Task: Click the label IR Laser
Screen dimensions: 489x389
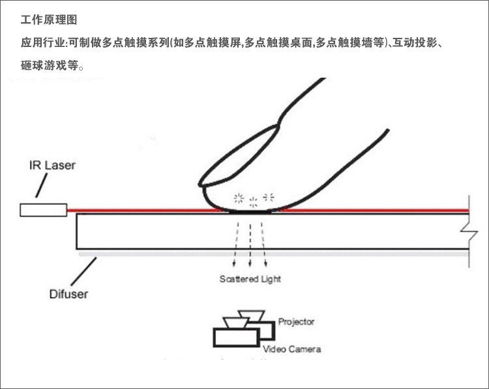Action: [52, 165]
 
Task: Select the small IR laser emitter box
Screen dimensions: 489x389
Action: [43, 210]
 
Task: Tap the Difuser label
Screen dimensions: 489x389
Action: [68, 293]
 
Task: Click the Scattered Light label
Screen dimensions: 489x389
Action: [250, 279]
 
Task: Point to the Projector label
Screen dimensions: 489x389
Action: [296, 322]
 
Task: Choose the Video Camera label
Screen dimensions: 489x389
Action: [291, 349]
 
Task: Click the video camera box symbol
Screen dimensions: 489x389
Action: [235, 337]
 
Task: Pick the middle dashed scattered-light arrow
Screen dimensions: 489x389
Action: [251, 244]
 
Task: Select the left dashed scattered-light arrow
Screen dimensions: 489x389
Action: [237, 244]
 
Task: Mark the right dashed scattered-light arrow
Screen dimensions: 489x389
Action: [264, 244]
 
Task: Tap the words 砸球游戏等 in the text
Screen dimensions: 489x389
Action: [49, 65]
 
